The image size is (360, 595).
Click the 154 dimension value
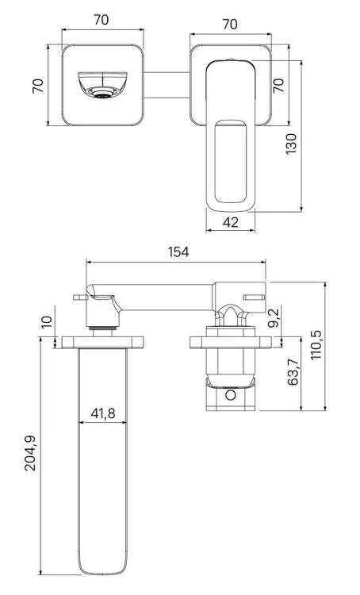(x=178, y=251)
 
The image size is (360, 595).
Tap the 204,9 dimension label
(x=30, y=454)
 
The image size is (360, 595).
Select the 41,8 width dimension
(x=103, y=413)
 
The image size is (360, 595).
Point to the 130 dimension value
(x=291, y=144)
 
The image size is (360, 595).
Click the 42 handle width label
(x=230, y=222)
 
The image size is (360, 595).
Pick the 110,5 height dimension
(x=316, y=345)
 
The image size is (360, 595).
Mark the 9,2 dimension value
(x=273, y=318)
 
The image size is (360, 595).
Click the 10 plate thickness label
(x=47, y=322)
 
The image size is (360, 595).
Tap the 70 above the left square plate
(x=101, y=20)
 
